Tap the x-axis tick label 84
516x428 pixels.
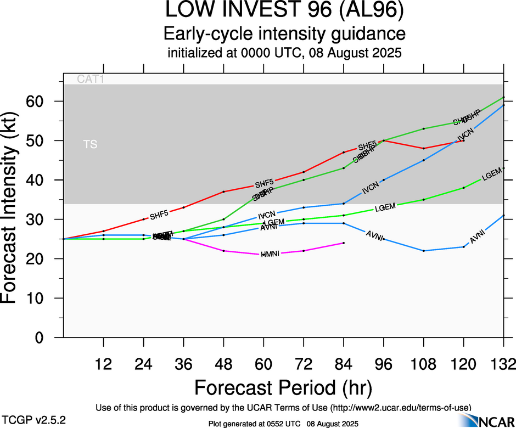tap(344, 364)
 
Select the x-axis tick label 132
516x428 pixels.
tap(504, 364)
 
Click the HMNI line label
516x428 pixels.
tap(270, 254)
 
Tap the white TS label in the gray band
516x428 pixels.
tap(90, 145)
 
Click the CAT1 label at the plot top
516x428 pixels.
tap(91, 79)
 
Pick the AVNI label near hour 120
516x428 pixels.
tap(478, 238)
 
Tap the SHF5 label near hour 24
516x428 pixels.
tap(159, 213)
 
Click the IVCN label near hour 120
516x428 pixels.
tap(465, 135)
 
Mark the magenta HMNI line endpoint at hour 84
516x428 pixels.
tap(344, 243)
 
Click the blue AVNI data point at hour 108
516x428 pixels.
tap(424, 251)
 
